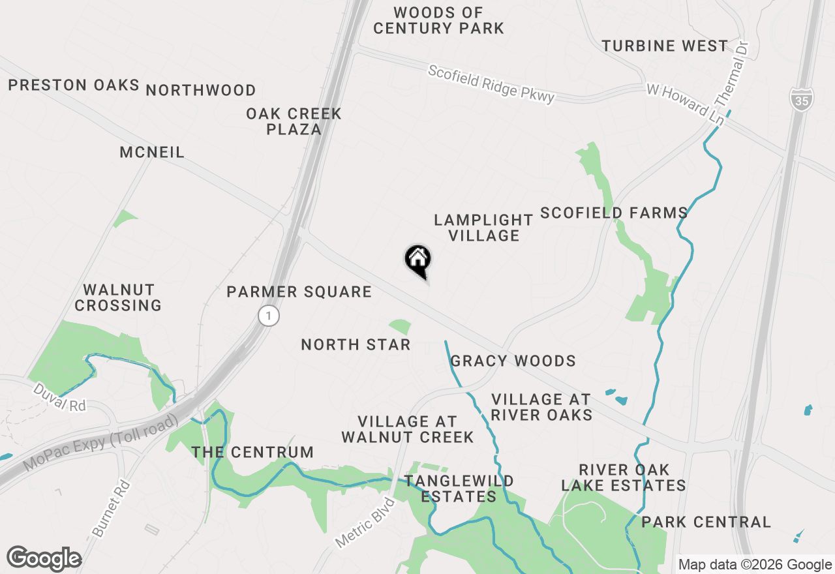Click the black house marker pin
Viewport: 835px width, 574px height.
pyautogui.click(x=417, y=260)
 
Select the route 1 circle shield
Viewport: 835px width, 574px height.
pyautogui.click(x=268, y=316)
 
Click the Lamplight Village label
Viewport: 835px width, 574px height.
pyautogui.click(x=483, y=228)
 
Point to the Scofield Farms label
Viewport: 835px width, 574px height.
pyautogui.click(x=614, y=213)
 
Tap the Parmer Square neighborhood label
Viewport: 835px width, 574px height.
pyautogui.click(x=299, y=292)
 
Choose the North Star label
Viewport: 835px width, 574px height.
pyautogui.click(x=356, y=344)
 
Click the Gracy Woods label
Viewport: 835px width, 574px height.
pyautogui.click(x=513, y=361)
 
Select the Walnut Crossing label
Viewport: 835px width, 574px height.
pyautogui.click(x=118, y=297)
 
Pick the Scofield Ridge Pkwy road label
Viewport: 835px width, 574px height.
pyautogui.click(x=491, y=83)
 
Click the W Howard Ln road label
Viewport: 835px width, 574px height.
pyautogui.click(x=685, y=104)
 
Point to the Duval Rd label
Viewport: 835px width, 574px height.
pyautogui.click(x=59, y=397)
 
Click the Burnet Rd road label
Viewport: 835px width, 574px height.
pyautogui.click(x=112, y=509)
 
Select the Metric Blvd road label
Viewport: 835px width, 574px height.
pyautogui.click(x=365, y=523)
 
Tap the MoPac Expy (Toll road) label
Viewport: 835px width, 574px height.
pyautogui.click(x=100, y=443)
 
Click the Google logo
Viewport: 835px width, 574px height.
pyautogui.click(x=44, y=559)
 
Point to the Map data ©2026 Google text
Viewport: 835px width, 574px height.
pyautogui.click(x=755, y=565)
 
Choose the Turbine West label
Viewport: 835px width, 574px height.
pyautogui.click(x=665, y=46)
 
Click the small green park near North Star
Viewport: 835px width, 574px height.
pyautogui.click(x=400, y=327)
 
